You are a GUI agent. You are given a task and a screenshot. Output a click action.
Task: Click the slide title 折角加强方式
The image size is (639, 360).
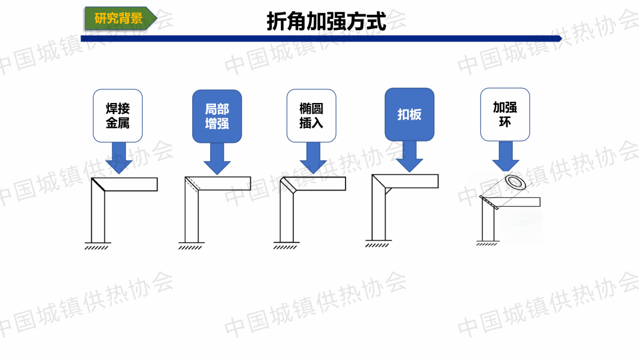point(326,21)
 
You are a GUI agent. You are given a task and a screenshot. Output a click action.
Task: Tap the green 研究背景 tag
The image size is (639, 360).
point(120,18)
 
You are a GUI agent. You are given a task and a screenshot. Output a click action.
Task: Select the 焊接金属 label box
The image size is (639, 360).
point(118,115)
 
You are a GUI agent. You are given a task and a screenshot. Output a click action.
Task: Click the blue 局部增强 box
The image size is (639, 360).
point(217,116)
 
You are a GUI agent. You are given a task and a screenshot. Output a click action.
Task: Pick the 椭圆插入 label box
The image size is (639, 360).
point(311,115)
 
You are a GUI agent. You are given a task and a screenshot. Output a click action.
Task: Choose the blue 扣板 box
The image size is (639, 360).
point(409,114)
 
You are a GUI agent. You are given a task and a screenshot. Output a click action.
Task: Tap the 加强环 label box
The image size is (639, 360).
point(505,114)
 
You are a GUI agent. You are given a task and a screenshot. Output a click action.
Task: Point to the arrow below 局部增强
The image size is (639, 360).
point(217,159)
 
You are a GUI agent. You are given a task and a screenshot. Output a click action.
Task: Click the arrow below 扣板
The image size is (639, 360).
point(409,156)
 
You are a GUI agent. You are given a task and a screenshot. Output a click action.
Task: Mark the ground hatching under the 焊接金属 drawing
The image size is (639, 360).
point(97,246)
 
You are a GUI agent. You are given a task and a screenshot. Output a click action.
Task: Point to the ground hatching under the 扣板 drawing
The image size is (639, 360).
point(378,243)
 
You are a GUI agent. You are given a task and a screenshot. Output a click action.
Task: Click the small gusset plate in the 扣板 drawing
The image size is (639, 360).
point(388,191)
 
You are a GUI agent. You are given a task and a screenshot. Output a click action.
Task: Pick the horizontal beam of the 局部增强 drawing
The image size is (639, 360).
point(225,184)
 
